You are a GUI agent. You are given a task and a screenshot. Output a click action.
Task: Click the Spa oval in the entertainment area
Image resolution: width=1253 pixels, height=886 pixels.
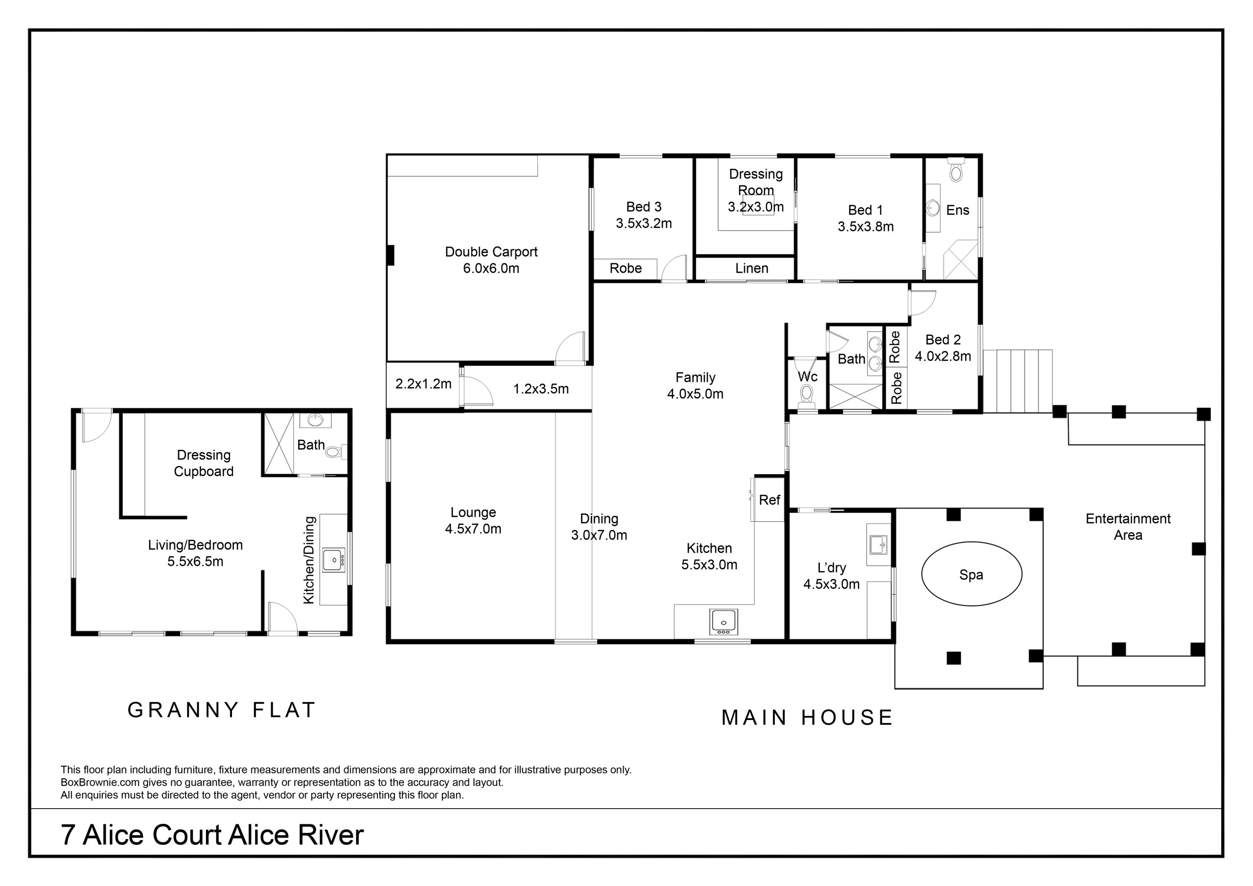click(971, 574)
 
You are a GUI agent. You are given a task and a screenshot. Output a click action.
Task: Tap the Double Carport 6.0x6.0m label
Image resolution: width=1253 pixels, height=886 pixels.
click(490, 260)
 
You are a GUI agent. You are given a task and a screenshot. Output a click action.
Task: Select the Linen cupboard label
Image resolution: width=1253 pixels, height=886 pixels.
click(751, 268)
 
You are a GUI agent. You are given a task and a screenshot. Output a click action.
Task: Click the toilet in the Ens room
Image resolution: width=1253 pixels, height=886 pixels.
click(955, 171)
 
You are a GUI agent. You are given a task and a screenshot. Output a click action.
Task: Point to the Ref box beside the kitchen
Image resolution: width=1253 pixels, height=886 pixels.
click(769, 499)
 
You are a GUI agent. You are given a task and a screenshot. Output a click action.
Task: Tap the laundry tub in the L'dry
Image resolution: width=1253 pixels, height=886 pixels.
click(879, 544)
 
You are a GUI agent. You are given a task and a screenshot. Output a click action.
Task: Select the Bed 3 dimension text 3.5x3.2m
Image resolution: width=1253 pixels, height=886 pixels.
click(644, 223)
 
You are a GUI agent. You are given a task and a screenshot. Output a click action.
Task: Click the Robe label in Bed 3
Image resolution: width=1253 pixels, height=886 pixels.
click(626, 268)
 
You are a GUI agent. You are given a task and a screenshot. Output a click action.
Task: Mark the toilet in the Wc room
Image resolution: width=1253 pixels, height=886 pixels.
click(806, 394)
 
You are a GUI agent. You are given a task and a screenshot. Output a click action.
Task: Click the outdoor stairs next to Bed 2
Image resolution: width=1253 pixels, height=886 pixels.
click(1018, 380)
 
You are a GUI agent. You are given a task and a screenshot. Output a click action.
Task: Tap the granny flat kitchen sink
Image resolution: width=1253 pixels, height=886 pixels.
click(333, 560)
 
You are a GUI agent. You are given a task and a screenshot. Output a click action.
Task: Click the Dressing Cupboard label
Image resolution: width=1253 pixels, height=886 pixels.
click(204, 463)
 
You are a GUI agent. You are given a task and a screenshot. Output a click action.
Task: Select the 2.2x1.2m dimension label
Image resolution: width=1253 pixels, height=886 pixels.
click(423, 384)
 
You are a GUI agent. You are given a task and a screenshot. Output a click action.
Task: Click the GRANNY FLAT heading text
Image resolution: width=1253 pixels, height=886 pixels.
click(222, 710)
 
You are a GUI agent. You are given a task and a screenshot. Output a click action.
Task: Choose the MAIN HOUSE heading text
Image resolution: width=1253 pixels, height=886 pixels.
click(807, 717)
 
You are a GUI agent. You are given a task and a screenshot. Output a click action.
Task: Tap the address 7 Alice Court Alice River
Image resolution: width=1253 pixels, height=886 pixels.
click(212, 835)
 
